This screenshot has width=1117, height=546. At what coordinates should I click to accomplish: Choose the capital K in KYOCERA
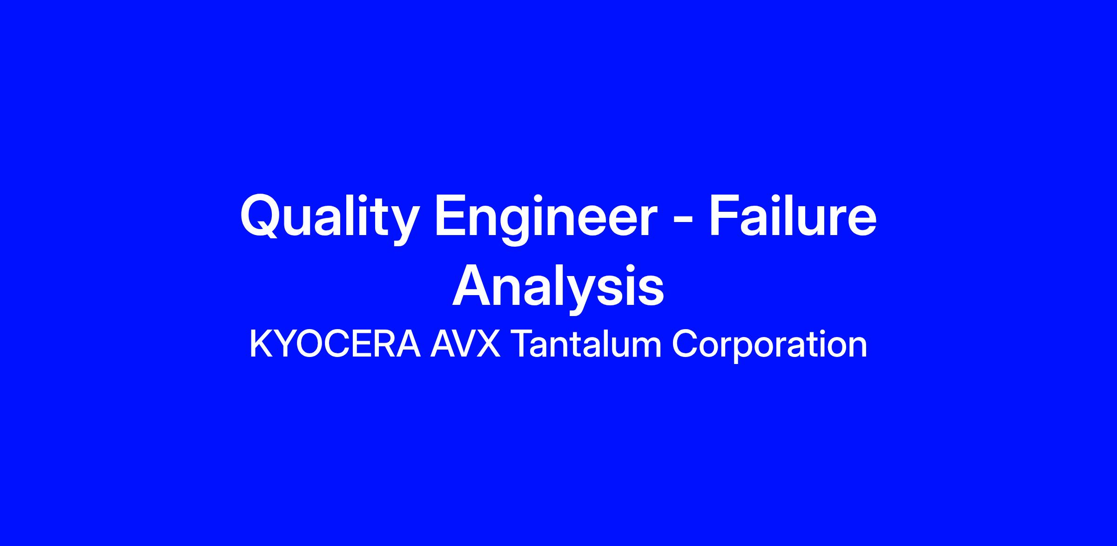(261, 344)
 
